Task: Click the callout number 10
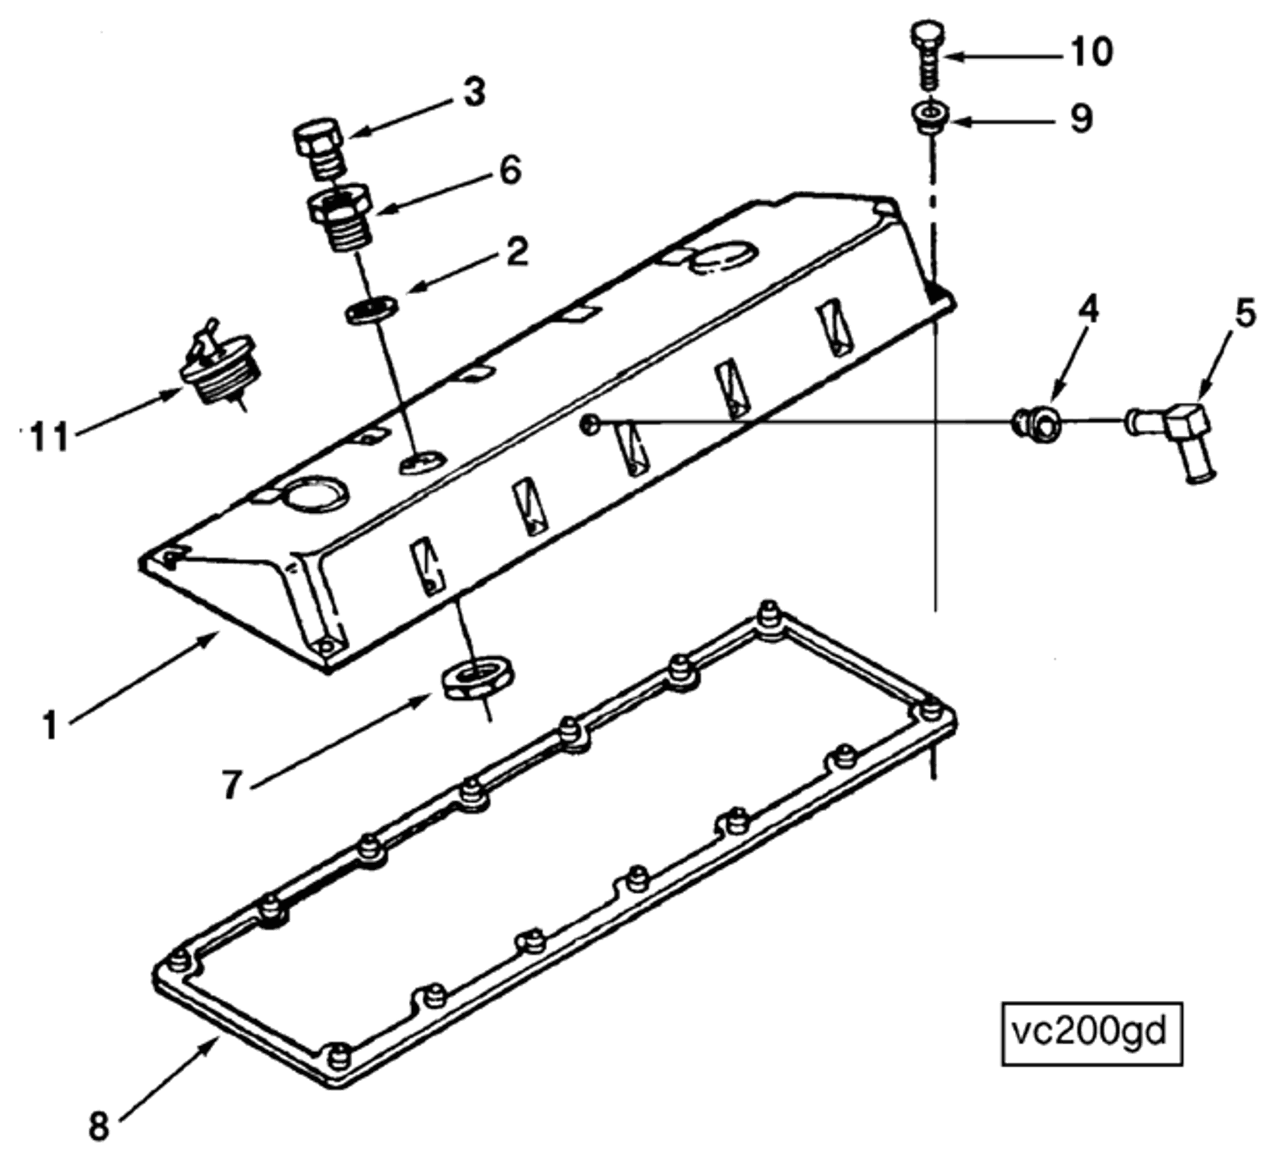1091,52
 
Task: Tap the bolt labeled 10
928,56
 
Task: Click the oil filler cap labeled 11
220,367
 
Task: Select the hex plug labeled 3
318,148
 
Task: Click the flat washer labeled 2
372,310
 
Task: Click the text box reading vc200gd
1091,1033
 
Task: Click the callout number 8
99,1128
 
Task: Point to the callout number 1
50,726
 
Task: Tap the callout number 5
1245,313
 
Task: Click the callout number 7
232,784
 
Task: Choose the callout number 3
473,94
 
